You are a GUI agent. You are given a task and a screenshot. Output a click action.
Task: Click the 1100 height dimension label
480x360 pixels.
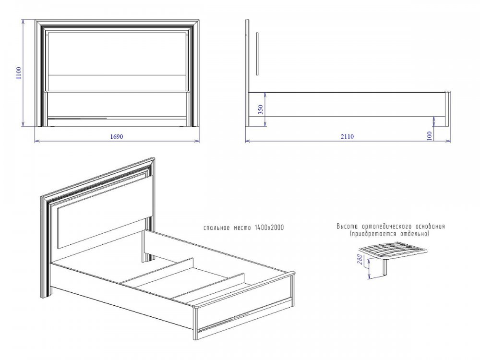19,73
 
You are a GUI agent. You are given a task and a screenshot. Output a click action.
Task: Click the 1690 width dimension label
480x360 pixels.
117,136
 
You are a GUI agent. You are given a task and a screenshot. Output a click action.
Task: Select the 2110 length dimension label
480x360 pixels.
347,136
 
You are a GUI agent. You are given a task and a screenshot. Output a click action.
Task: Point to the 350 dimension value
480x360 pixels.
261,109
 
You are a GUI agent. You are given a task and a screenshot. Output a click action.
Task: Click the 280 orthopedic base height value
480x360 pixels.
360,260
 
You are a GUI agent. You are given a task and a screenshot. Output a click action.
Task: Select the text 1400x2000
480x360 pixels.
269,228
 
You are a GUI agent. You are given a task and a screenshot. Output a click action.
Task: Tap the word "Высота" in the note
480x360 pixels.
348,227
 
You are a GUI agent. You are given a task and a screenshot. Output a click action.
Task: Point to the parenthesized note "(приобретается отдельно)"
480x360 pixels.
390,234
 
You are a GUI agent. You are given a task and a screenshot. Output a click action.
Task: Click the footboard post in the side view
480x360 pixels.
447,108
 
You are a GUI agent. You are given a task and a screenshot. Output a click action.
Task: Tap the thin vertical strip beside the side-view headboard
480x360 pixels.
258,54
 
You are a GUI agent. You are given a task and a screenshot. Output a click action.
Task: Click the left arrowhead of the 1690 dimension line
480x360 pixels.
36,141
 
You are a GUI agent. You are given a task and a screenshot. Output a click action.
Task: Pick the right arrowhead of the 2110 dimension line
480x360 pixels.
449,141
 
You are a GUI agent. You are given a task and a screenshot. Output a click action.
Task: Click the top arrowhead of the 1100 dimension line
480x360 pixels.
23,22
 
